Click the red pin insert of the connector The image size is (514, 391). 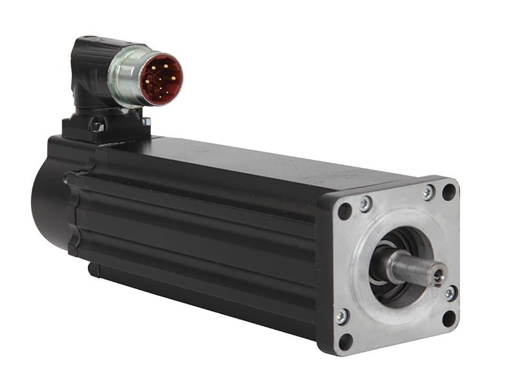pos(161,79)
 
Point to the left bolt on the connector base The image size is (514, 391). pos(97,126)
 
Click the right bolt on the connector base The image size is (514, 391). pos(146,121)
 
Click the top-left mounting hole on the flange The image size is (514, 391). pos(345,211)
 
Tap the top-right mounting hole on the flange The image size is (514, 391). pos(448,191)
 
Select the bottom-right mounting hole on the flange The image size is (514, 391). pos(449,318)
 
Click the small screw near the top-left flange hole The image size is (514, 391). pos(365,204)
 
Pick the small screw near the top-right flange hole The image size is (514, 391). pos(428,192)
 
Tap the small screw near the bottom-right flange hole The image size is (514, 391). pos(450,293)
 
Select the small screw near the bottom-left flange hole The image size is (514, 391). pos(342,317)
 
